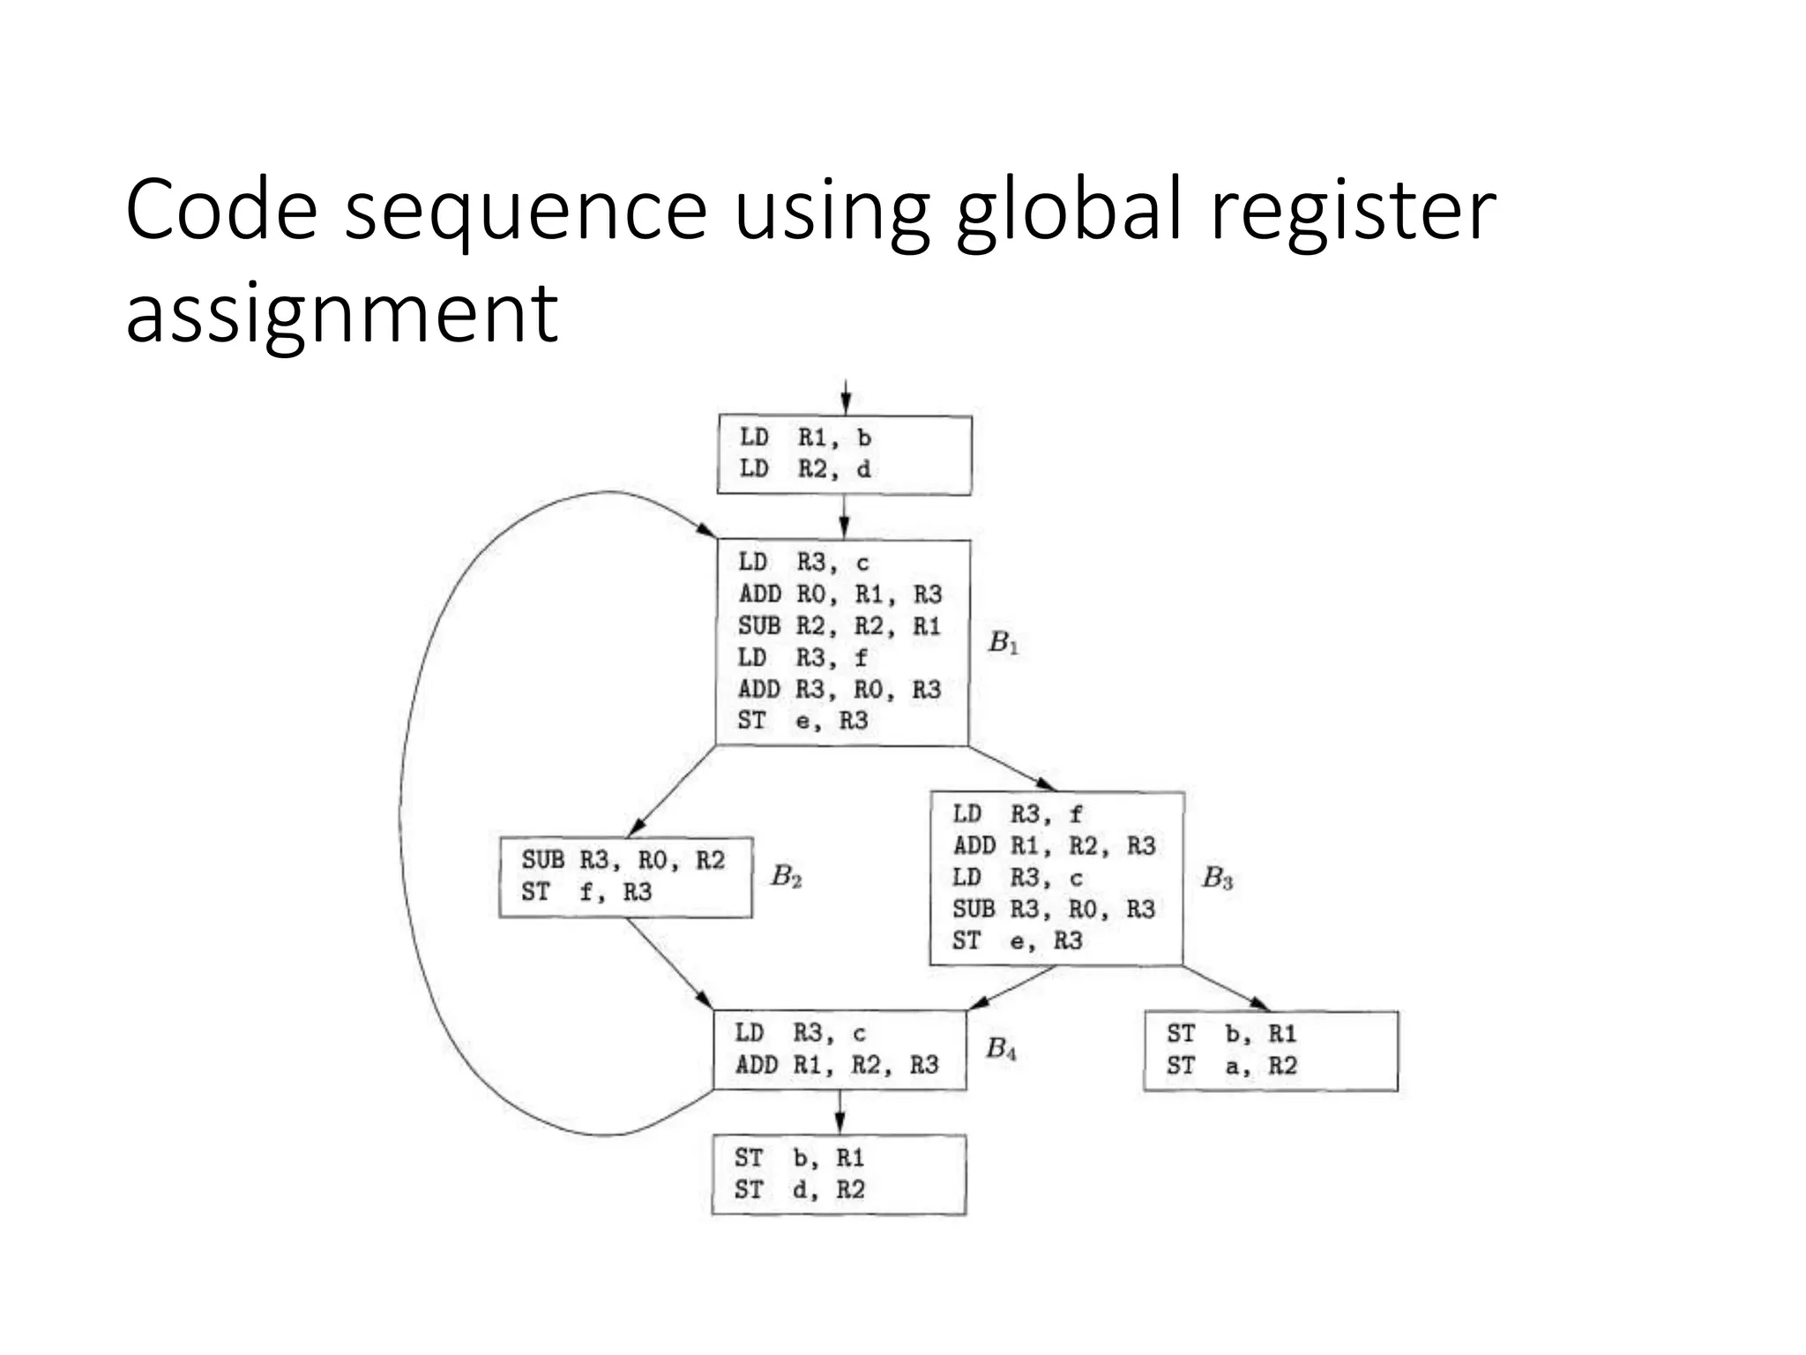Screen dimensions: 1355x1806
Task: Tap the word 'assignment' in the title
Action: [x=341, y=313]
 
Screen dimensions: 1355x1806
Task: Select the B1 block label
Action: [x=1004, y=643]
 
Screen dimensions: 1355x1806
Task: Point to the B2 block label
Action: [x=786, y=876]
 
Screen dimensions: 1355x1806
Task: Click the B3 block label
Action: [x=1217, y=878]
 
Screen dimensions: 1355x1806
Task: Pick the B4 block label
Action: [x=1001, y=1049]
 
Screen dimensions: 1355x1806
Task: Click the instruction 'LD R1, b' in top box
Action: [x=805, y=438]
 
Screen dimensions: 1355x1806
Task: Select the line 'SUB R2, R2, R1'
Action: [x=840, y=626]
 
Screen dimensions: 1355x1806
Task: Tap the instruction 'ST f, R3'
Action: [x=586, y=893]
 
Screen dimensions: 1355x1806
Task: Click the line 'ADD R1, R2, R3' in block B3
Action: [x=1054, y=846]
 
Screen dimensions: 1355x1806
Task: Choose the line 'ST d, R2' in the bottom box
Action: [x=799, y=1190]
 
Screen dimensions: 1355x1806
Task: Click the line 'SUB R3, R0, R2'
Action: [x=623, y=860]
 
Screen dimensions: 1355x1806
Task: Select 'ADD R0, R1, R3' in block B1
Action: [x=840, y=595]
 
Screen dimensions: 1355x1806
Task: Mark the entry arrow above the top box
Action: [x=845, y=397]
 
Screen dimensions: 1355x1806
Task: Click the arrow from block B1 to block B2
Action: [x=672, y=791]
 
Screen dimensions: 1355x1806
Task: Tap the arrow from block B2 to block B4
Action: [x=668, y=963]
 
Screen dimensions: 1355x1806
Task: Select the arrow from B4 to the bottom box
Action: [x=840, y=1112]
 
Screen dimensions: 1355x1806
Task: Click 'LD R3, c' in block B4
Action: [x=801, y=1033]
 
